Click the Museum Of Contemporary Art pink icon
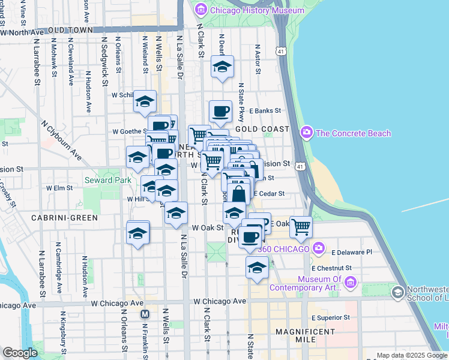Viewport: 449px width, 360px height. coord(351,281)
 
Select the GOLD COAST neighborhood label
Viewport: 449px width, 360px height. coord(262,129)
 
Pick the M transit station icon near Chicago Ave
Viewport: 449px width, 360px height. coord(144,314)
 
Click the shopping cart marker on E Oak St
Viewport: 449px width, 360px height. coord(301,226)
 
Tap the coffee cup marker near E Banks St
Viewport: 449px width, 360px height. coord(220,110)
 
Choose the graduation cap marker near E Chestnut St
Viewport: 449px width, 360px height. coord(257,267)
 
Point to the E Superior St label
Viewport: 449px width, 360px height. coord(330,317)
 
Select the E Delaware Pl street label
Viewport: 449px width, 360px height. coord(351,253)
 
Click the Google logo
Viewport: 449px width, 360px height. coord(20,353)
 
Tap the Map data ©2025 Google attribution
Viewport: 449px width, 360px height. coord(412,355)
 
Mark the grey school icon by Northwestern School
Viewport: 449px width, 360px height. coord(397,292)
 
